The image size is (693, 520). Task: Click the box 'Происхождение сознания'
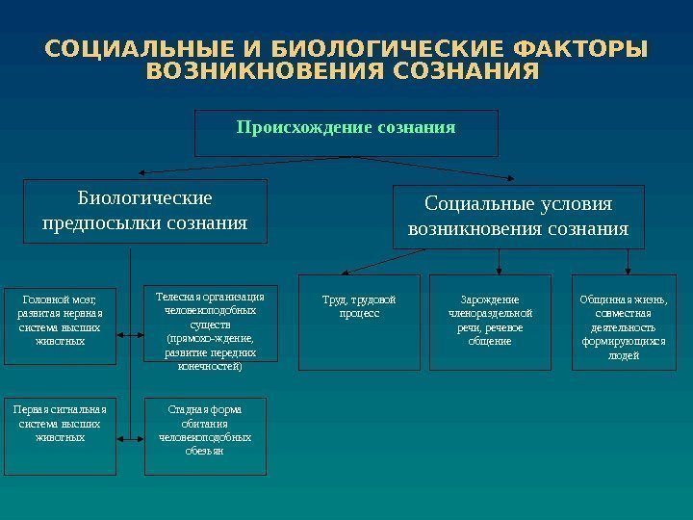pyautogui.click(x=346, y=133)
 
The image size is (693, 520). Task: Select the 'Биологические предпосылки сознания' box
pyautogui.click(x=144, y=211)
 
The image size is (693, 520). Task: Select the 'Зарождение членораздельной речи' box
pyautogui.click(x=490, y=323)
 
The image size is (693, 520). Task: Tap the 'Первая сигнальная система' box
pyautogui.click(x=60, y=436)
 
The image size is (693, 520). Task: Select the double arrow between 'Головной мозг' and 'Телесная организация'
pyautogui.click(x=131, y=335)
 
